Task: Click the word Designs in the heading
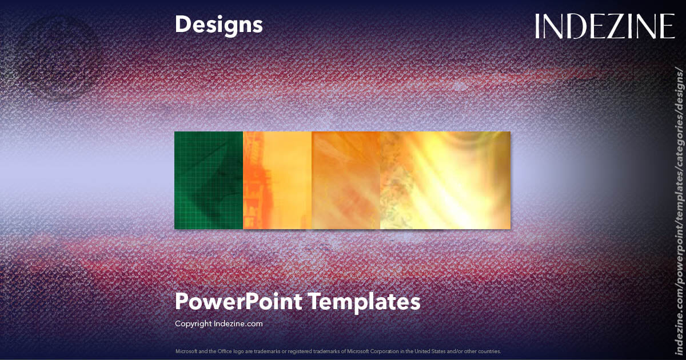point(219,25)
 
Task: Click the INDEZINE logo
point(605,27)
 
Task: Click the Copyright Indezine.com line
point(219,323)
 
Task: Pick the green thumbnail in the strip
point(209,181)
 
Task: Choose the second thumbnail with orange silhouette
point(277,181)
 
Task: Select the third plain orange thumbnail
point(346,181)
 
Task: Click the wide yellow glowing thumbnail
point(445,181)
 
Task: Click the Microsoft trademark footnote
point(338,351)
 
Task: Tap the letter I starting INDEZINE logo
point(539,27)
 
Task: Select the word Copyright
point(193,323)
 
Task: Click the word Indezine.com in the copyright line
point(238,323)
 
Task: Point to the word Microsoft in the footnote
point(186,351)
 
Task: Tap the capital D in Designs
point(182,25)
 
